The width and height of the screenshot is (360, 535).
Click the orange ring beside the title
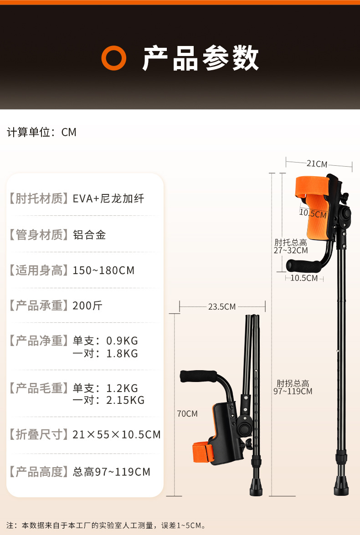[x=113, y=58]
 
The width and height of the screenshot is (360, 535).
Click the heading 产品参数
[x=201, y=58]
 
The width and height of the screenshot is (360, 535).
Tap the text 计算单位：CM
[x=41, y=132]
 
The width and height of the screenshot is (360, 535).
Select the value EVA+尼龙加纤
[x=108, y=199]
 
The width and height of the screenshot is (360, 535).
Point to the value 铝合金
[x=89, y=235]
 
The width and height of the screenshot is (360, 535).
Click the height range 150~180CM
[x=103, y=270]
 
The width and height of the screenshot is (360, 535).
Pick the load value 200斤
[x=87, y=306]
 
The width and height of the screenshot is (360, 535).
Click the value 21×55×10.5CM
[x=117, y=435]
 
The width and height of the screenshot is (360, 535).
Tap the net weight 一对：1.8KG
[x=105, y=354]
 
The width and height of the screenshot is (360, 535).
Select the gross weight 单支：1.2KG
[x=105, y=388]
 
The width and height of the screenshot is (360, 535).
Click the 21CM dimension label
[x=317, y=164]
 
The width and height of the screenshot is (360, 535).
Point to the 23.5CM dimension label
[x=222, y=307]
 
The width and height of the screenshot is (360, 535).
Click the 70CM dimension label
[x=187, y=414]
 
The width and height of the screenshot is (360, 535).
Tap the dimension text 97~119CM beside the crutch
[x=293, y=391]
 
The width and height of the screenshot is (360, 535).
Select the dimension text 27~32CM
[x=291, y=250]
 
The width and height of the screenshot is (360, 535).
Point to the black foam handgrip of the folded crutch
[x=198, y=376]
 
